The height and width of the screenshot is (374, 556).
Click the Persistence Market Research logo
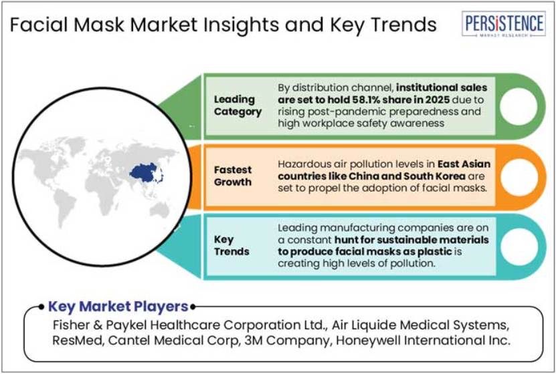pyautogui.click(x=504, y=23)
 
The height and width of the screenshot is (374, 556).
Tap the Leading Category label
pyautogui.click(x=238, y=106)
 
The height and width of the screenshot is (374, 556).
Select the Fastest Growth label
pyautogui.click(x=233, y=176)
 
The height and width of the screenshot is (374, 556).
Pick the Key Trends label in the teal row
pyautogui.click(x=231, y=246)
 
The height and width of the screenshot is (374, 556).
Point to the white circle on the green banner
pyautogui.click(x=519, y=106)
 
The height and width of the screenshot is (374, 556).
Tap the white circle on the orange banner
pyautogui.click(x=519, y=177)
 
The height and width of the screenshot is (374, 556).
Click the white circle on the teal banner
pyautogui.click(x=519, y=246)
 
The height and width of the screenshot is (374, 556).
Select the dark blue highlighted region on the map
pyautogui.click(x=145, y=173)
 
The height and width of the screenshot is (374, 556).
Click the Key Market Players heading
pyautogui.click(x=118, y=307)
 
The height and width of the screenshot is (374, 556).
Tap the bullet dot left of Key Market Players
pyautogui.click(x=41, y=307)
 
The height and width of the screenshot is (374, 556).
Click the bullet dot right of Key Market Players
pyautogui.click(x=193, y=307)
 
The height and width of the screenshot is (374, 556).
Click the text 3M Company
pyautogui.click(x=287, y=341)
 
